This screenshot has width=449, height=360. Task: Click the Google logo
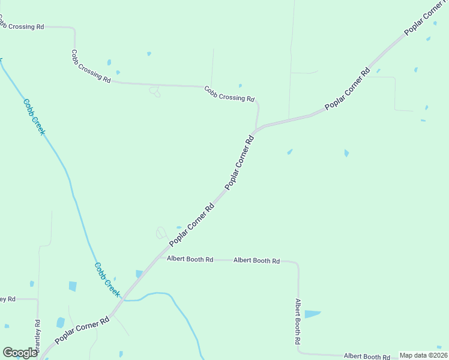(20, 353)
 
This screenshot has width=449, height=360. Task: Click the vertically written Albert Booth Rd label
(298, 322)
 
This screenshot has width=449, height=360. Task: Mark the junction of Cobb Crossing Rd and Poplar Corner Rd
(256, 130)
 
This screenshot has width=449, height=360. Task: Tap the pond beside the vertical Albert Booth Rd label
(312, 314)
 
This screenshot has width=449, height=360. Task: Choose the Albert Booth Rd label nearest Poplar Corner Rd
(190, 260)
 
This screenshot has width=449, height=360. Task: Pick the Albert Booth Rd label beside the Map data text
(367, 356)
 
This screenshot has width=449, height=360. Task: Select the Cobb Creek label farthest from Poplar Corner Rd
(34, 116)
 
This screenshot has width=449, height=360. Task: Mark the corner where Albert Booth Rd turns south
(297, 264)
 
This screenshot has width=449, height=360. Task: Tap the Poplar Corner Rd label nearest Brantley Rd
(83, 330)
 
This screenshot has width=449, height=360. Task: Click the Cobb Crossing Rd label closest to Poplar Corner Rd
(229, 94)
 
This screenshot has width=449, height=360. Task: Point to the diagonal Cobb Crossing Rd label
(91, 66)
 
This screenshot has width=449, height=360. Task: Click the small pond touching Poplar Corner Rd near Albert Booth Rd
(139, 274)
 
